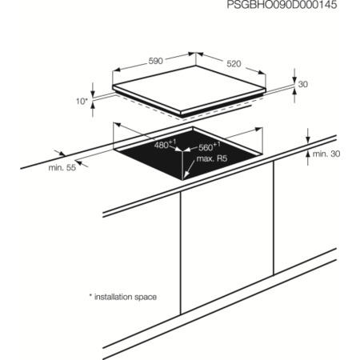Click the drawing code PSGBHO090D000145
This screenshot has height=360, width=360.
[x=282, y=5]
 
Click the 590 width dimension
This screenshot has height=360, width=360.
[x=155, y=61]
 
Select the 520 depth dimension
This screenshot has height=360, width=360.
[x=234, y=64]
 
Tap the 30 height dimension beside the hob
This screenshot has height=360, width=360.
[x=303, y=84]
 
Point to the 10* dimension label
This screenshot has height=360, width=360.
[x=82, y=102]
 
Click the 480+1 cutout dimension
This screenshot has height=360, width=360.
[x=165, y=144]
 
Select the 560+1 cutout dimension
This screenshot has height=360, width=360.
[x=210, y=146]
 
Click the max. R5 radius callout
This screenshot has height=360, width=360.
[x=212, y=158]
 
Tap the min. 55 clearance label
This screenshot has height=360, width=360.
[x=62, y=168]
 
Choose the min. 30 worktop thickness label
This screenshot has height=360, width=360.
[x=326, y=154]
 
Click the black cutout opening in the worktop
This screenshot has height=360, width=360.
[x=186, y=158]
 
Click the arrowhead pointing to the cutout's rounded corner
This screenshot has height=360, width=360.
[x=186, y=174]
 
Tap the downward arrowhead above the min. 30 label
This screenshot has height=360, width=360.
[x=308, y=140]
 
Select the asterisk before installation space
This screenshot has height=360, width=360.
[x=90, y=295]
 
